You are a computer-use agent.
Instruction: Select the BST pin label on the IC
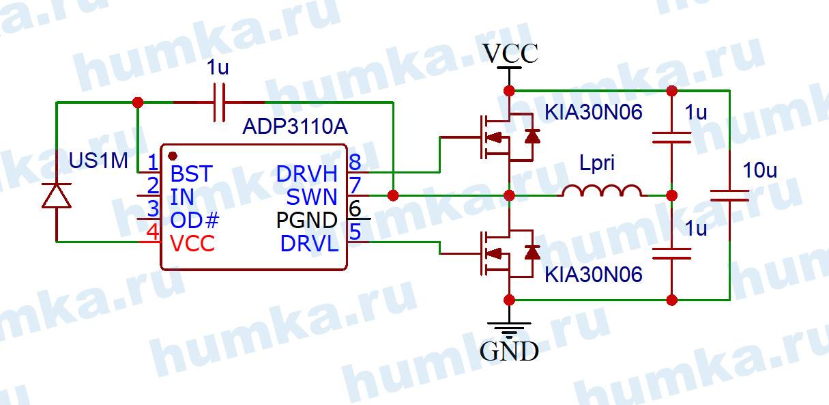click(x=191, y=173)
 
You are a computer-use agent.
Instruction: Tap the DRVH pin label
click(x=307, y=174)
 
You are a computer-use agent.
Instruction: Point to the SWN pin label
click(x=312, y=197)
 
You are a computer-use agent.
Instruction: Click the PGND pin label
click(x=306, y=220)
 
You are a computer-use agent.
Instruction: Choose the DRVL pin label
click(x=309, y=243)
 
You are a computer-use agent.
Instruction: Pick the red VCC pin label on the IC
click(x=192, y=243)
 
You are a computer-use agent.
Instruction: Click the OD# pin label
click(x=195, y=220)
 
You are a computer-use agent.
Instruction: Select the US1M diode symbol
click(x=57, y=196)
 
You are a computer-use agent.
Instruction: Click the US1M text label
click(x=98, y=161)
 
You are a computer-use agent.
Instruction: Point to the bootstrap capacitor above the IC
click(x=219, y=102)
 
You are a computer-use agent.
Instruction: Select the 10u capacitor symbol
click(x=729, y=196)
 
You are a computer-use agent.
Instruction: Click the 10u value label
click(x=759, y=171)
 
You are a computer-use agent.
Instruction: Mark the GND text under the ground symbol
click(x=509, y=352)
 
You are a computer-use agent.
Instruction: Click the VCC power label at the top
click(x=510, y=53)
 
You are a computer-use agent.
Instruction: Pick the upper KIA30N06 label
click(x=593, y=113)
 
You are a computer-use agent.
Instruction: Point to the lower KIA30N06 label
click(x=593, y=275)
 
